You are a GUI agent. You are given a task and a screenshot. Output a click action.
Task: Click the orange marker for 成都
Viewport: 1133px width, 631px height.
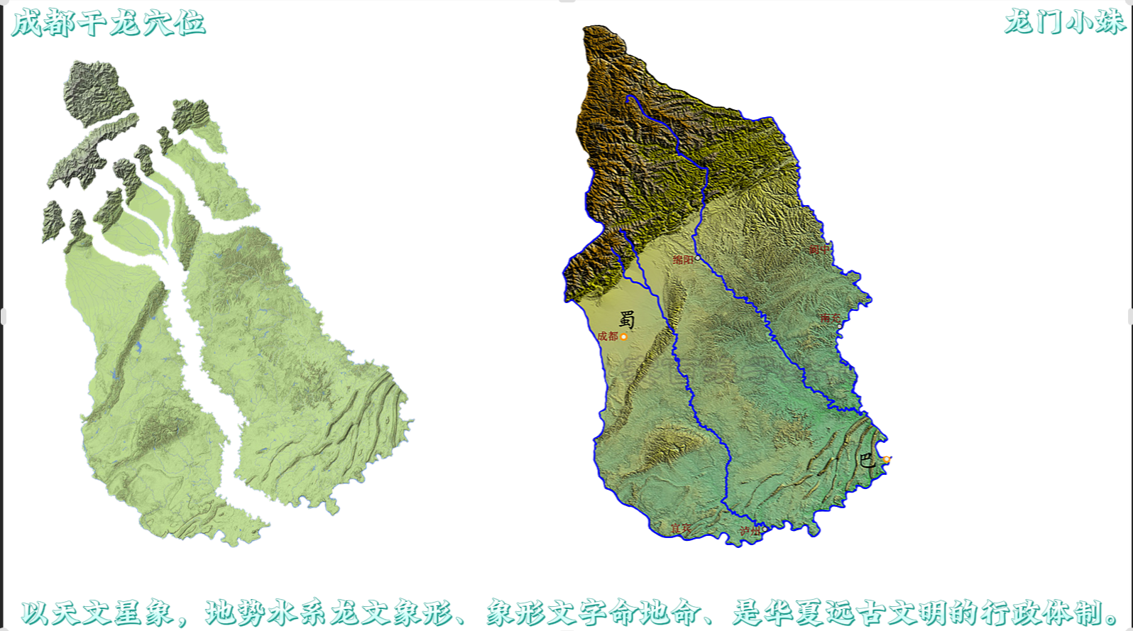[623, 336]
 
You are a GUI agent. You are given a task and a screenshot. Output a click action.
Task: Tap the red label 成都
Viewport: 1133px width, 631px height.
[607, 336]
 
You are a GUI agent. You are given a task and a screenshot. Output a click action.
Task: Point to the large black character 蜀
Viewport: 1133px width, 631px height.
[627, 319]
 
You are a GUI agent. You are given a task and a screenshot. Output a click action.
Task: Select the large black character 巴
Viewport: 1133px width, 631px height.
[867, 460]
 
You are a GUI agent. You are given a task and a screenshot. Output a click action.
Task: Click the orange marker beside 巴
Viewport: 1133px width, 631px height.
[886, 460]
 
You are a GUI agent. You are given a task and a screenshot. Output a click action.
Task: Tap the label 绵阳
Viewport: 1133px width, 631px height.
[682, 260]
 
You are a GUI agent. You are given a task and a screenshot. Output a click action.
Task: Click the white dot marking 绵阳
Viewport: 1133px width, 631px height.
[697, 258]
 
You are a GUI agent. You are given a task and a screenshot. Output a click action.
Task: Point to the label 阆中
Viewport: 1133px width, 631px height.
[819, 250]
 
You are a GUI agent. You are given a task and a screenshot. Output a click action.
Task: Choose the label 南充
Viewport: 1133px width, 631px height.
[829, 318]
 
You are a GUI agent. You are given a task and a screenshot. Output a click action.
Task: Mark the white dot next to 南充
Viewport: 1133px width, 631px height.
[842, 317]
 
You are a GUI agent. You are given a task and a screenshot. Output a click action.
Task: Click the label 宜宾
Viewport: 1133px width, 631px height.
[681, 529]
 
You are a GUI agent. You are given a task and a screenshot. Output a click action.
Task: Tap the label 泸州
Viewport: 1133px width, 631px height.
[749, 532]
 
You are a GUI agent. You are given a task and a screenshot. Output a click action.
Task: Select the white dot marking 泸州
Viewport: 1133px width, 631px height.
[764, 530]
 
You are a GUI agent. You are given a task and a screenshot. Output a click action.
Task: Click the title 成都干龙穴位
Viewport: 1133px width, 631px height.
[108, 23]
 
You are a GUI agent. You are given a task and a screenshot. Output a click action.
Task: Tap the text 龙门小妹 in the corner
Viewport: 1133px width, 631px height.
[1064, 22]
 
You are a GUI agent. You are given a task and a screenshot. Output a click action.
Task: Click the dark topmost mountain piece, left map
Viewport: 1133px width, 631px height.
[96, 92]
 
